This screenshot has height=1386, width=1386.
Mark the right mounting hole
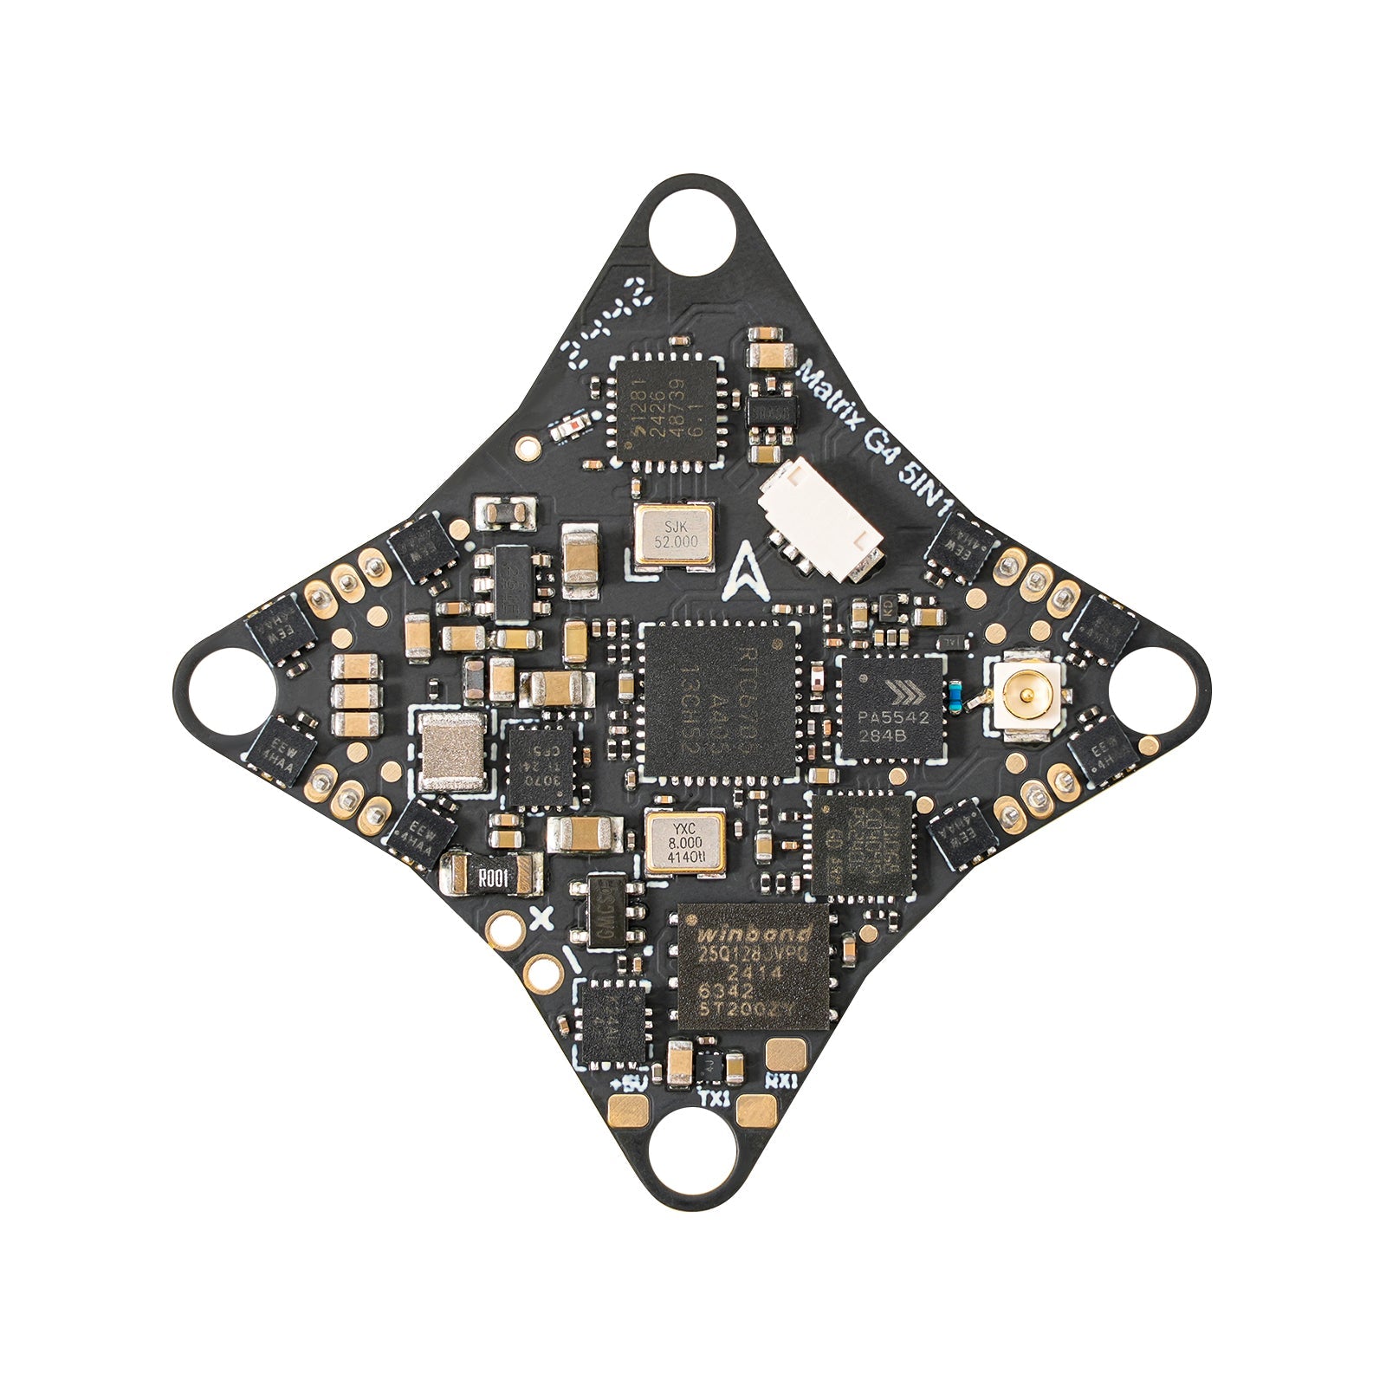pos(1157,693)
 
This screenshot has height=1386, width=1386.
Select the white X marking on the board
pos(541,919)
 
